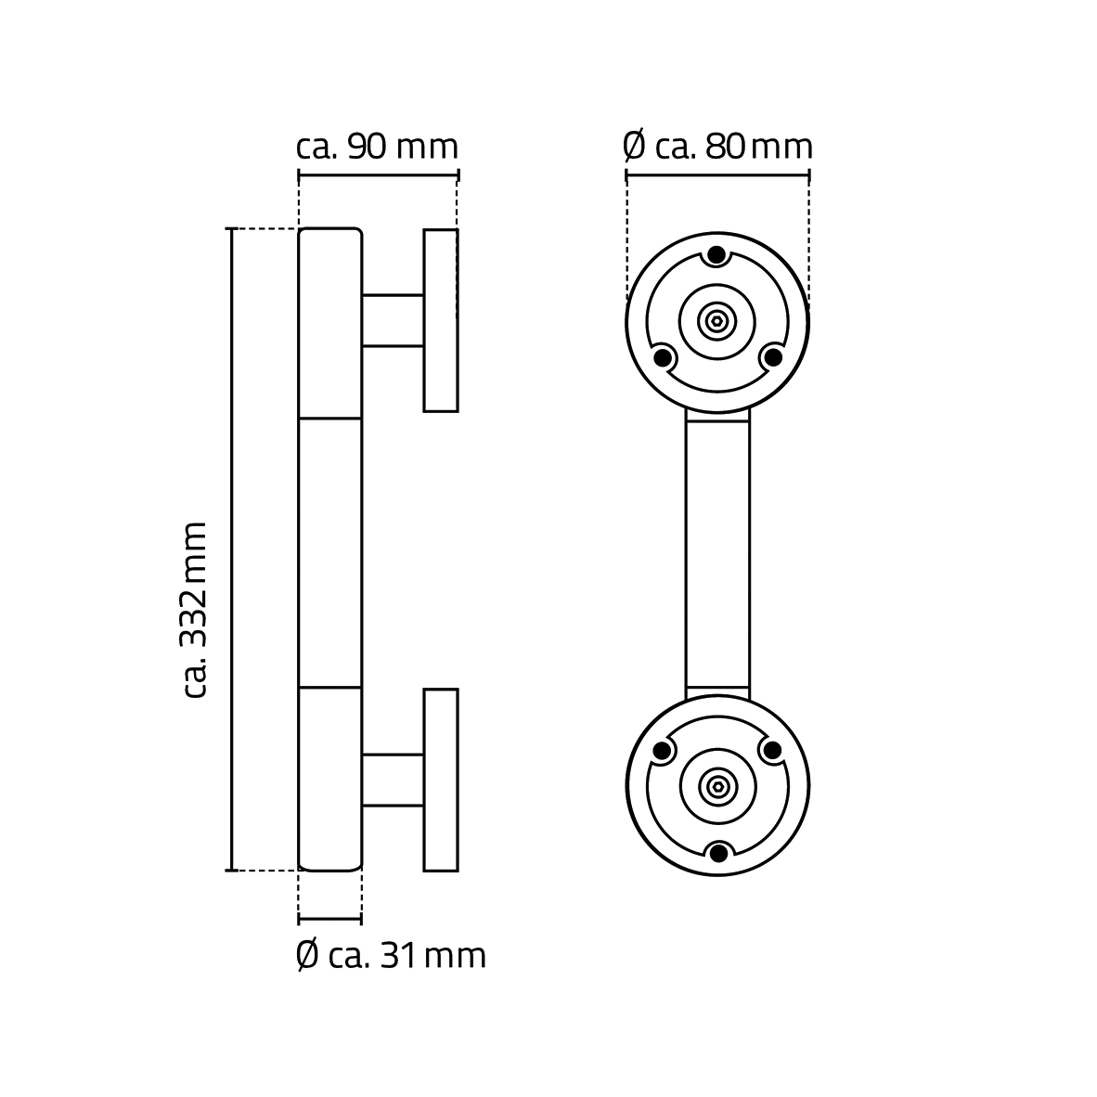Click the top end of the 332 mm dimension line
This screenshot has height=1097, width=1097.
[x=232, y=229]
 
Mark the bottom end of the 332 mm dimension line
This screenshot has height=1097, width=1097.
[x=232, y=871]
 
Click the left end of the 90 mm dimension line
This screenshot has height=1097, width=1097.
[x=299, y=174]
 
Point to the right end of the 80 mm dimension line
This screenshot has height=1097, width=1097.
[x=808, y=174]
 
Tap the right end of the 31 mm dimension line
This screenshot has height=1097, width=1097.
[x=361, y=919]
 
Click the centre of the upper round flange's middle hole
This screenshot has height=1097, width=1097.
[x=717, y=322]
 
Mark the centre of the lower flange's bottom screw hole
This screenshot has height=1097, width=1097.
[x=717, y=853]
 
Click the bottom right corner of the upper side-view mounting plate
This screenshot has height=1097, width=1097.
[x=458, y=410]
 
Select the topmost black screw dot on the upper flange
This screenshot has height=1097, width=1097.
[x=717, y=255]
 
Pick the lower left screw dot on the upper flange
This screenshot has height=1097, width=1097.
[x=661, y=357]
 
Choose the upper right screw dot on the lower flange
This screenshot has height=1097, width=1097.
[x=771, y=751]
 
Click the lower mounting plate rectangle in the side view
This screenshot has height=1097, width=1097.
[x=441, y=780]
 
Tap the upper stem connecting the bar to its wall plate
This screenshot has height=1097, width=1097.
[x=393, y=320]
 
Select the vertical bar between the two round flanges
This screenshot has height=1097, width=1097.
[x=717, y=554]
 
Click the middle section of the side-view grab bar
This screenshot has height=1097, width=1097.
[x=330, y=553]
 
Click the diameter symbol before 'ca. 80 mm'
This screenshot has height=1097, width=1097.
[x=634, y=147]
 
